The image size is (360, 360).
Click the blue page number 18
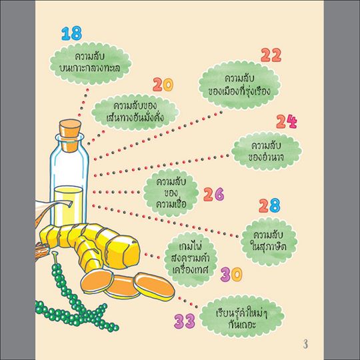(x=71, y=33)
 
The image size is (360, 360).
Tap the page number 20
(x=163, y=85)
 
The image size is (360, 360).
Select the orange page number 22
(x=271, y=55)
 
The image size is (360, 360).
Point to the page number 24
(x=287, y=121)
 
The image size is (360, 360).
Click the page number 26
(x=213, y=194)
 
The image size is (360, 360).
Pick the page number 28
(x=270, y=205)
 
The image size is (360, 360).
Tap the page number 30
(x=231, y=275)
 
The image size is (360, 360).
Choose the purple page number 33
(x=185, y=321)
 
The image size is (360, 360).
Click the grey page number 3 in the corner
(x=305, y=344)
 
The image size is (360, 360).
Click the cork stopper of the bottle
(x=70, y=135)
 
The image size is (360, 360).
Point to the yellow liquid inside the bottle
(x=69, y=205)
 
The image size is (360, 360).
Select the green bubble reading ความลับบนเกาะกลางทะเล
(x=91, y=63)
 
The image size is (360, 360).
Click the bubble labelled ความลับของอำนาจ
(x=266, y=151)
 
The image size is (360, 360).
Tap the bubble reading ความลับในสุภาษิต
(x=269, y=241)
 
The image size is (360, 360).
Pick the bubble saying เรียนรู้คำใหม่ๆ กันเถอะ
(x=241, y=319)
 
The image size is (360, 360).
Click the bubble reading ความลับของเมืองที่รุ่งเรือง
(x=239, y=85)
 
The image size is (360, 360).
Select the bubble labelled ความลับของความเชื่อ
(x=171, y=193)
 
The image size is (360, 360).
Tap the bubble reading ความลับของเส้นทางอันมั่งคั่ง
(x=135, y=112)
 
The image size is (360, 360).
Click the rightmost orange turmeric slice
(x=154, y=287)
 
